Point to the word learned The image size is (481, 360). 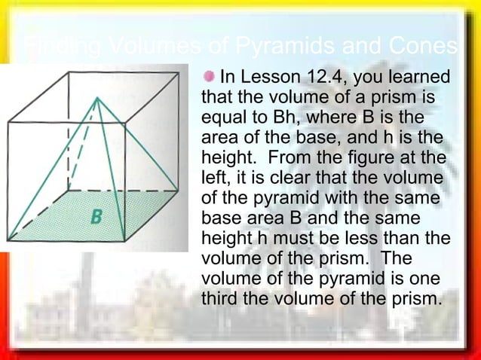coord(421,77)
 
